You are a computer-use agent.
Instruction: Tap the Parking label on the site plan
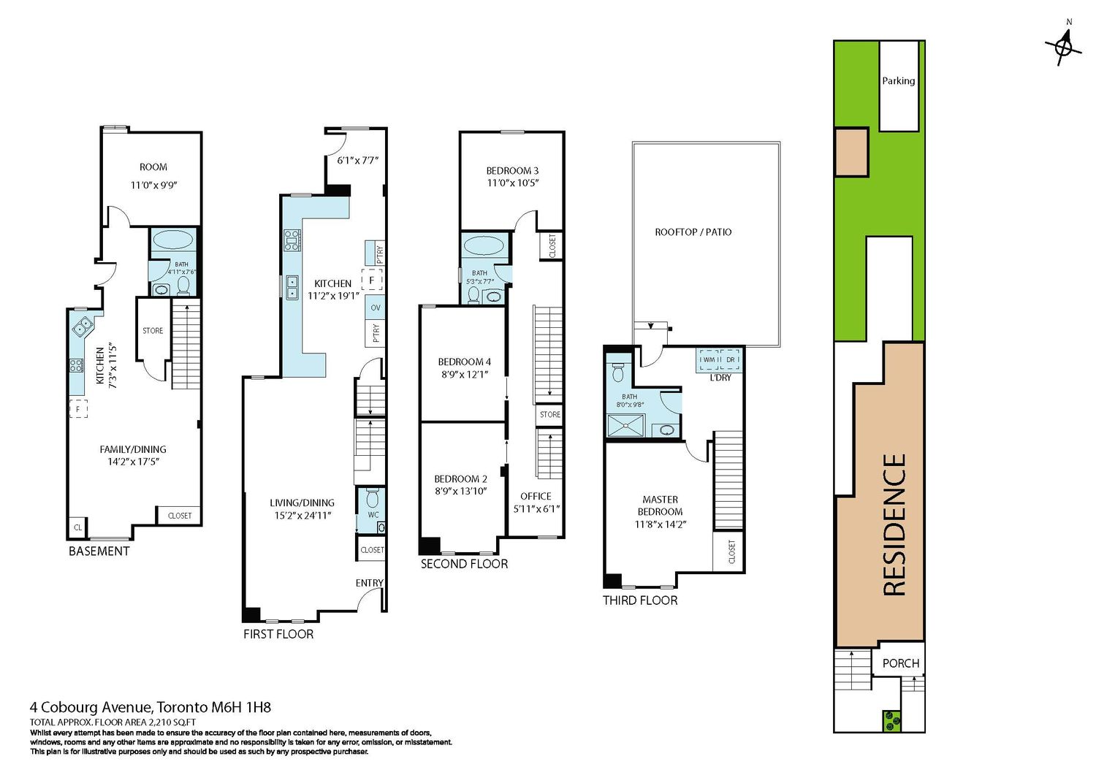coord(898,81)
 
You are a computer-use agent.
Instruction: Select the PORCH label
coord(901,663)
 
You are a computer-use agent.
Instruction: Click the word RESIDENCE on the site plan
coord(894,524)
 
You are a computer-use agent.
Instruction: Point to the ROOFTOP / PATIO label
coord(693,232)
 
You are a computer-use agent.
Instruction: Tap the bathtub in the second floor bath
coord(484,245)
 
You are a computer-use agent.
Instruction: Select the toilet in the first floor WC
coord(373,498)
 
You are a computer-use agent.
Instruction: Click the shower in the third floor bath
coord(625,425)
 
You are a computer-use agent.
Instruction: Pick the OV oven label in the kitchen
coord(376,308)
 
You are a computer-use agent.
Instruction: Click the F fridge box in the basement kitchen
coord(78,408)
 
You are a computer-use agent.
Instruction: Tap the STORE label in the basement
coord(153,331)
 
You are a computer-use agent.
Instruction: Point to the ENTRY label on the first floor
coord(370,583)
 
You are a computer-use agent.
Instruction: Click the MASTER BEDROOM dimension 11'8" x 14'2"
coord(661,524)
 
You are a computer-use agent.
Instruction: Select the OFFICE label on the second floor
coord(536,496)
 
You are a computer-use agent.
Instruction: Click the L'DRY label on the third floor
coord(720,378)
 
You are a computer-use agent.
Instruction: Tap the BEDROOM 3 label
coord(512,171)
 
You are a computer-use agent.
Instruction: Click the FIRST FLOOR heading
coord(278,634)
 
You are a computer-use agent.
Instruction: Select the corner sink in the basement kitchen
coord(81,326)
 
